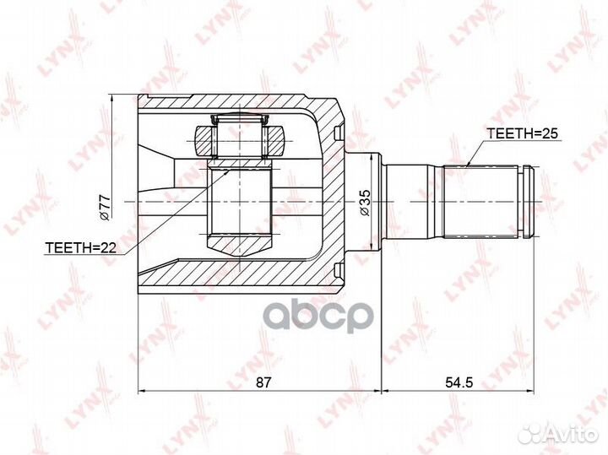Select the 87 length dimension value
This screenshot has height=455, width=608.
pyautogui.click(x=263, y=382)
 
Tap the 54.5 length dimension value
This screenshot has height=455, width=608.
pyautogui.click(x=459, y=382)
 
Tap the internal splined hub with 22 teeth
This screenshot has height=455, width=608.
pyautogui.click(x=239, y=203)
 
